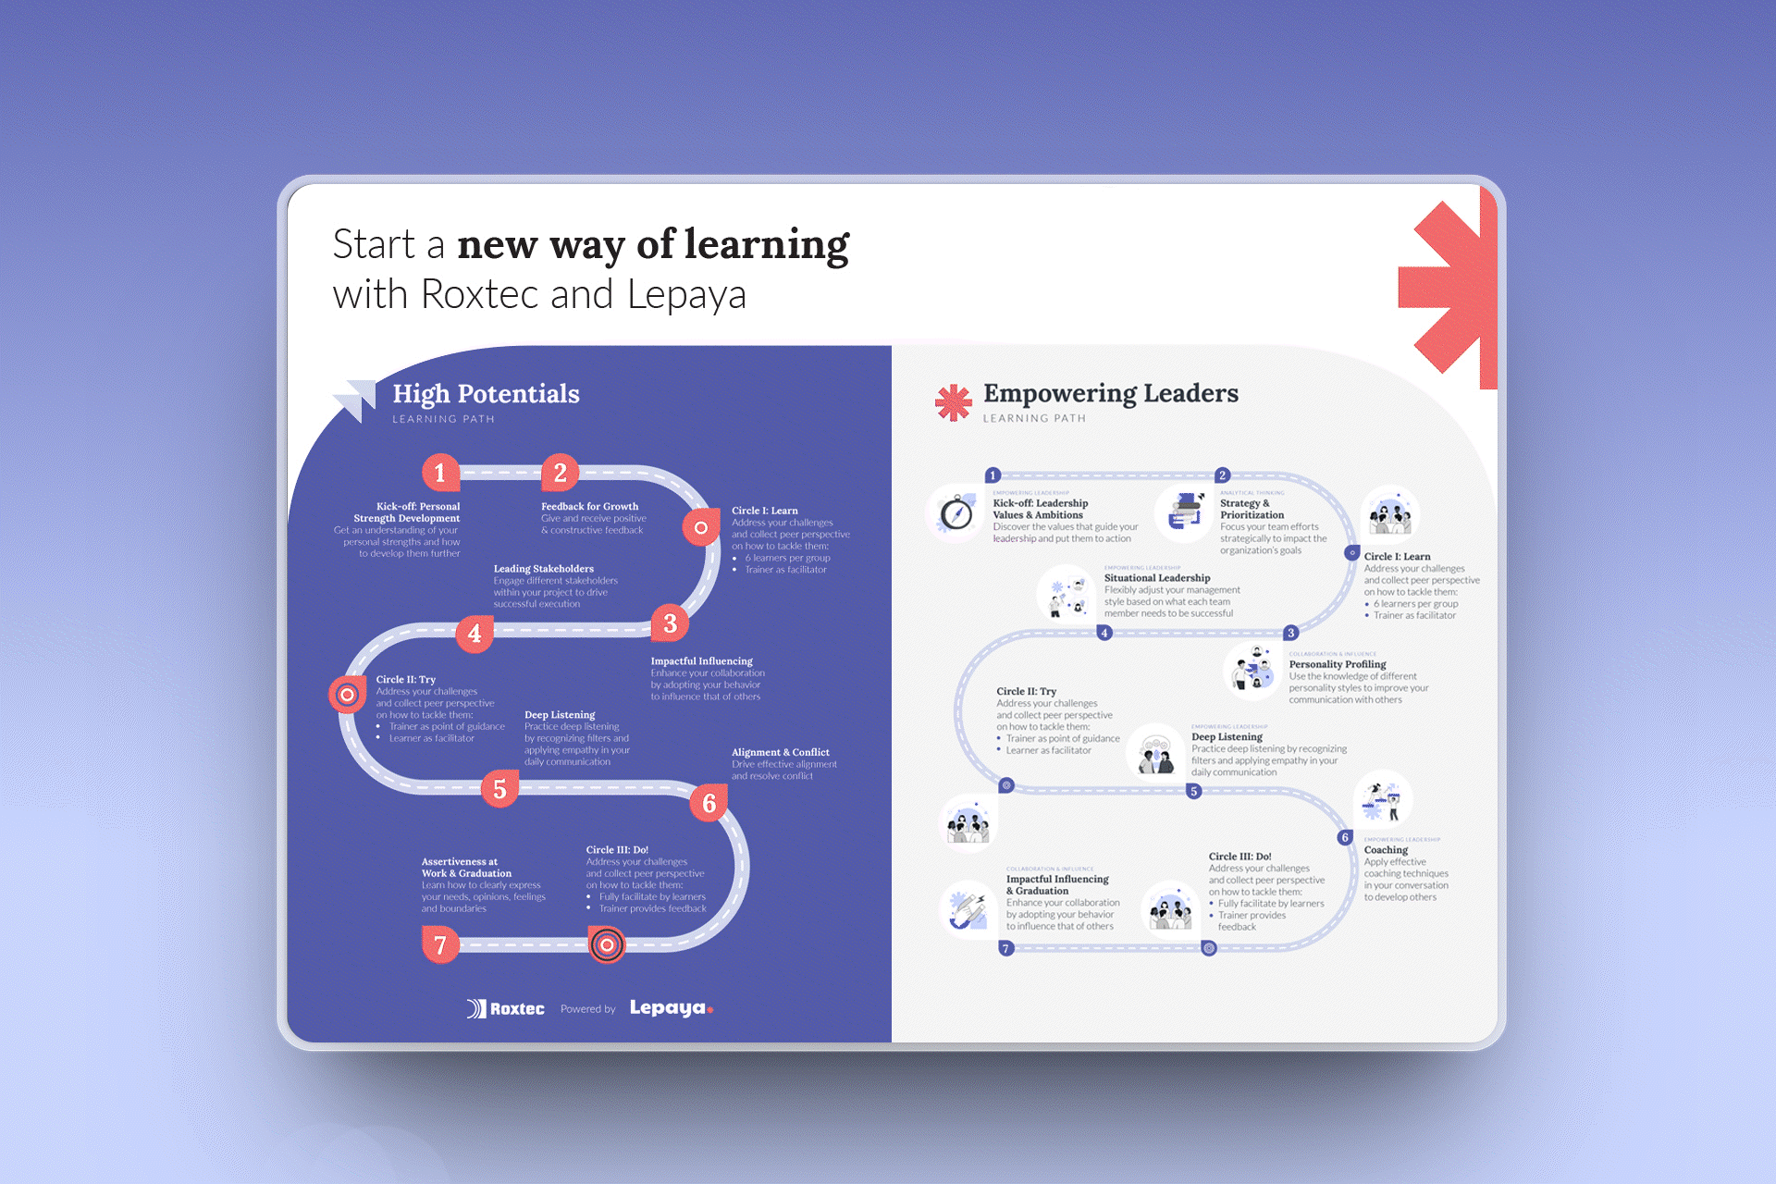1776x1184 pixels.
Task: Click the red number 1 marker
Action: (440, 473)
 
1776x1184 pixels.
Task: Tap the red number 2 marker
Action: (560, 473)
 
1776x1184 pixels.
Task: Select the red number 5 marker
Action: (499, 789)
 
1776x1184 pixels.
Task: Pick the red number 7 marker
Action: (440, 944)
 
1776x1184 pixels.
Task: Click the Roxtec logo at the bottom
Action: (506, 1008)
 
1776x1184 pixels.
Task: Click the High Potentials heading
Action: (486, 394)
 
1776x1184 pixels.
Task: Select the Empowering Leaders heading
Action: (1110, 393)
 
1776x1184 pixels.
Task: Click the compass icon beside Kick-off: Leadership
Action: (956, 512)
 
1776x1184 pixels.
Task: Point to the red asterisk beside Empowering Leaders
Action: (953, 402)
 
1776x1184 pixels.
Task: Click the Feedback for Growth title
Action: (589, 506)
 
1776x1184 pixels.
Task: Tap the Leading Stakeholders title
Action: (543, 569)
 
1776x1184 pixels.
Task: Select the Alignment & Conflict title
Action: (780, 752)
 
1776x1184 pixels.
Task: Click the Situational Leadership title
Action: (1156, 578)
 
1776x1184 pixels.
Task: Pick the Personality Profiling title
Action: (1337, 664)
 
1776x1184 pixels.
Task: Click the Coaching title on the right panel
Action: (1386, 850)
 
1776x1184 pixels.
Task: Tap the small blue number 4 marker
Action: (1104, 633)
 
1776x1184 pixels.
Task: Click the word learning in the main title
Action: (766, 245)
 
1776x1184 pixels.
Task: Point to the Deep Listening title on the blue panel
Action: (560, 715)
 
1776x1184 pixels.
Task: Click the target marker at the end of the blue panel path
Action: (607, 944)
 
